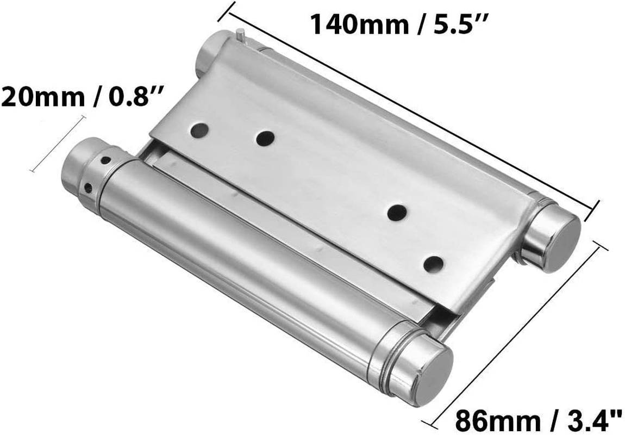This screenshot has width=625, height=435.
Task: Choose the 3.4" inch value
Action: click(x=591, y=419)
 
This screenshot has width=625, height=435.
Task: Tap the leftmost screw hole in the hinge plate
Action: click(x=199, y=130)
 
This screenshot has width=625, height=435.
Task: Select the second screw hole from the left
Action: click(x=265, y=139)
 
